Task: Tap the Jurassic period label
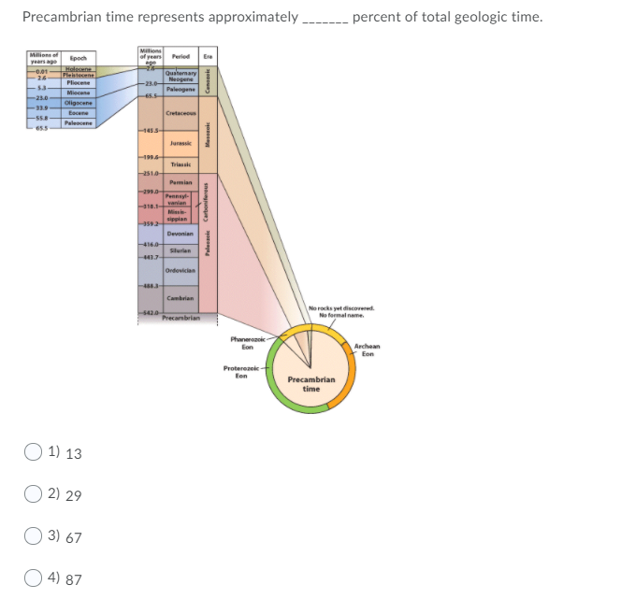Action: (180, 144)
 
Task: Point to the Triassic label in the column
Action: (180, 164)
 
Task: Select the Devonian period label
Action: (180, 234)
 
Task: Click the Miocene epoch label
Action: (77, 93)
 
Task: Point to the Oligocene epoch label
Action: (77, 103)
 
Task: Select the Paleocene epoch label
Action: (77, 123)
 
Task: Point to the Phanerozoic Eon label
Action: (248, 342)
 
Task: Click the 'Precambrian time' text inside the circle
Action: (310, 384)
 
